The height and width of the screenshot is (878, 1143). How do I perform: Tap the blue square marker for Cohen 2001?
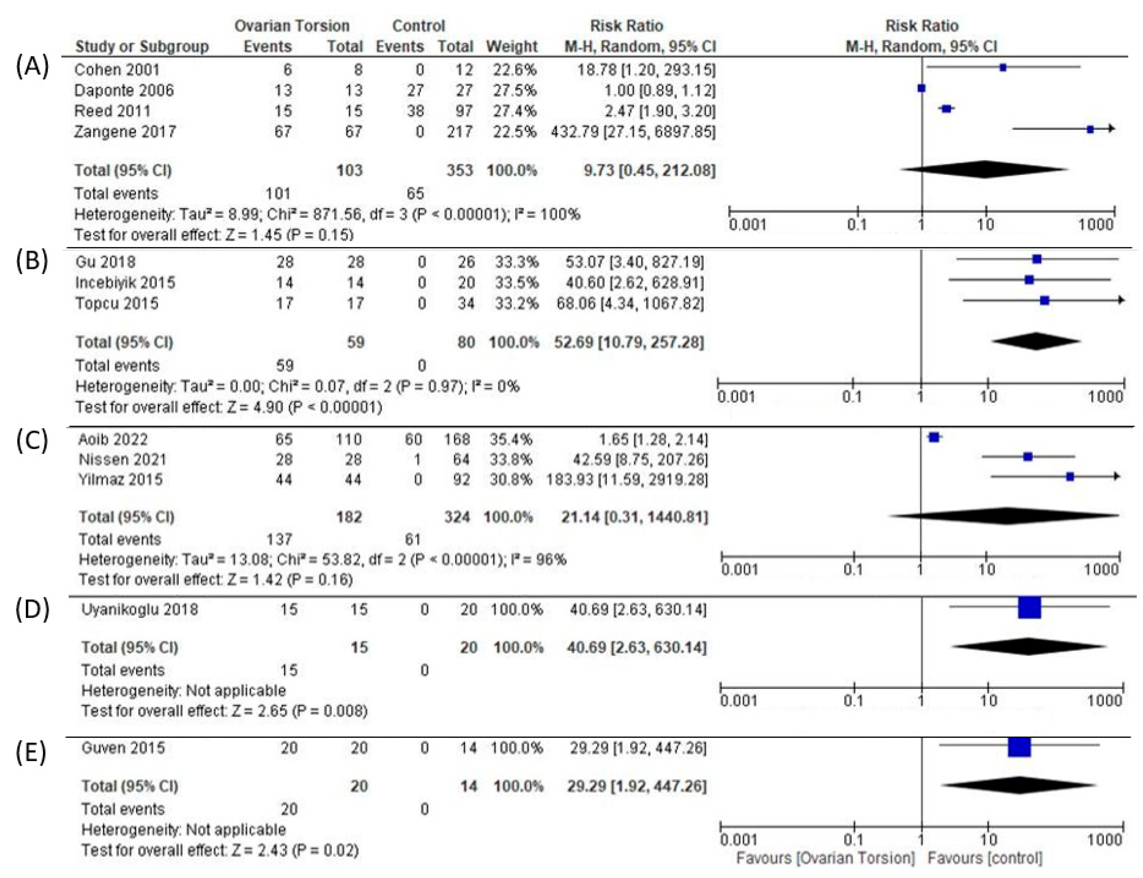coord(1003,68)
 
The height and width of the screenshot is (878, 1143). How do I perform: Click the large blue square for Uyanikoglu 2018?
coord(1029,608)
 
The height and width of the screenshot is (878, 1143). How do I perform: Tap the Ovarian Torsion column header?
coord(291,26)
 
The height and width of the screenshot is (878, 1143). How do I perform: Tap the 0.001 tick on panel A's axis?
coord(747,225)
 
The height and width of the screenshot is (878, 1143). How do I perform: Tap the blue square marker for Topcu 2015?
coord(1044,300)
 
